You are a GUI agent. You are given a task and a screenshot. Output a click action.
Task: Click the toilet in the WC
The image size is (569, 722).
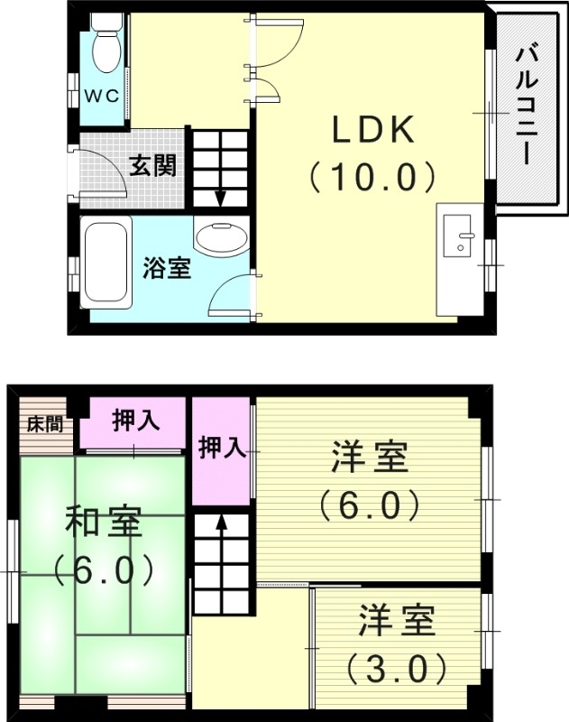106,48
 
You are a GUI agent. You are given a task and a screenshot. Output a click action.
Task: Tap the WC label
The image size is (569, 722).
103,97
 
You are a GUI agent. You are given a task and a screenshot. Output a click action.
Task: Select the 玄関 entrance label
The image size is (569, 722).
151,166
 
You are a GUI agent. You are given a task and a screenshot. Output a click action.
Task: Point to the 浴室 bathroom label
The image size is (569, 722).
167,268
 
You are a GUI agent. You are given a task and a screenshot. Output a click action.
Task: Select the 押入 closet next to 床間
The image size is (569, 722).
135,422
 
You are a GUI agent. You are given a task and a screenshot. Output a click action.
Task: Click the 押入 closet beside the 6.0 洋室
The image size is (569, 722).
222,449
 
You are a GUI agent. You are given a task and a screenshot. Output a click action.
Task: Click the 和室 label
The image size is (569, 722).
101,524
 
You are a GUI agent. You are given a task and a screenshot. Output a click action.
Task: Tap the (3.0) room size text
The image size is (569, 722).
397,669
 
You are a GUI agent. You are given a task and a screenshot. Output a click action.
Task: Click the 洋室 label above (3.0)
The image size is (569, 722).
397,622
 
